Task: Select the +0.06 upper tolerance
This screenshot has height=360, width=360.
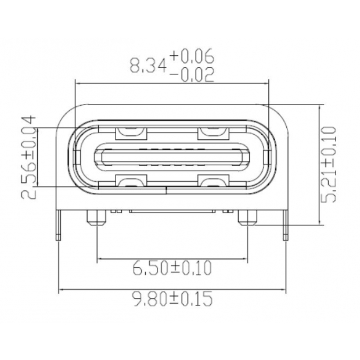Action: point(192,56)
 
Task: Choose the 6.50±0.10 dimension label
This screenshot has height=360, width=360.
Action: point(172,268)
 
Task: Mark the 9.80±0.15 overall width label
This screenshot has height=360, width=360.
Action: point(172,299)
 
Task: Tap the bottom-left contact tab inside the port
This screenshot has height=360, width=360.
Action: point(131,180)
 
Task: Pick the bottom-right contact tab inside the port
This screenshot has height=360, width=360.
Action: point(212,180)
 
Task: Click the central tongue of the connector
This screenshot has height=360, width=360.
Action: point(172,157)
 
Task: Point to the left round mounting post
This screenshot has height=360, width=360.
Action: point(96,218)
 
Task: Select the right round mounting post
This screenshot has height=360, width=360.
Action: point(247,218)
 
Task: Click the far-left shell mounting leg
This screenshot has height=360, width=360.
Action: point(58,224)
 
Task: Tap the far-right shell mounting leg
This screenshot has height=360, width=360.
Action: point(285,224)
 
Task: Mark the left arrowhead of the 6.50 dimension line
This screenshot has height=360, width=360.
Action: point(99,258)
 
